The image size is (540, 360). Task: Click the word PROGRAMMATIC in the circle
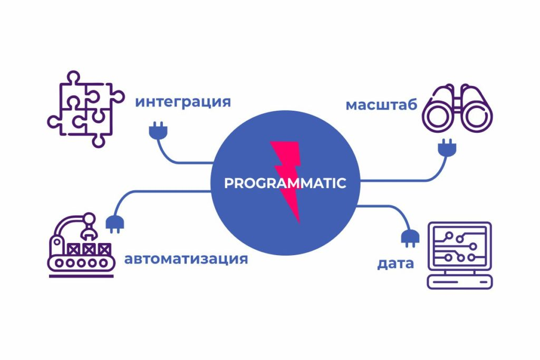285,183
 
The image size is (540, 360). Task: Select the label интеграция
183,101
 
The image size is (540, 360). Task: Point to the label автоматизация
186,259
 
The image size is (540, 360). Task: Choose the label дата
395,263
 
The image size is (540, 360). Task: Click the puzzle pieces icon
85,109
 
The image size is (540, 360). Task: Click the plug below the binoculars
447,148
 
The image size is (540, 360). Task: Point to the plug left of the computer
409,238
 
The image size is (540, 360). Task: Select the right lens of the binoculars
478,119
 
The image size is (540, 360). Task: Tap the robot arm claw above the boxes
89,229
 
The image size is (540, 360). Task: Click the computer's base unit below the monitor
459,281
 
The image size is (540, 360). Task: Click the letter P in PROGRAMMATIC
228,183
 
